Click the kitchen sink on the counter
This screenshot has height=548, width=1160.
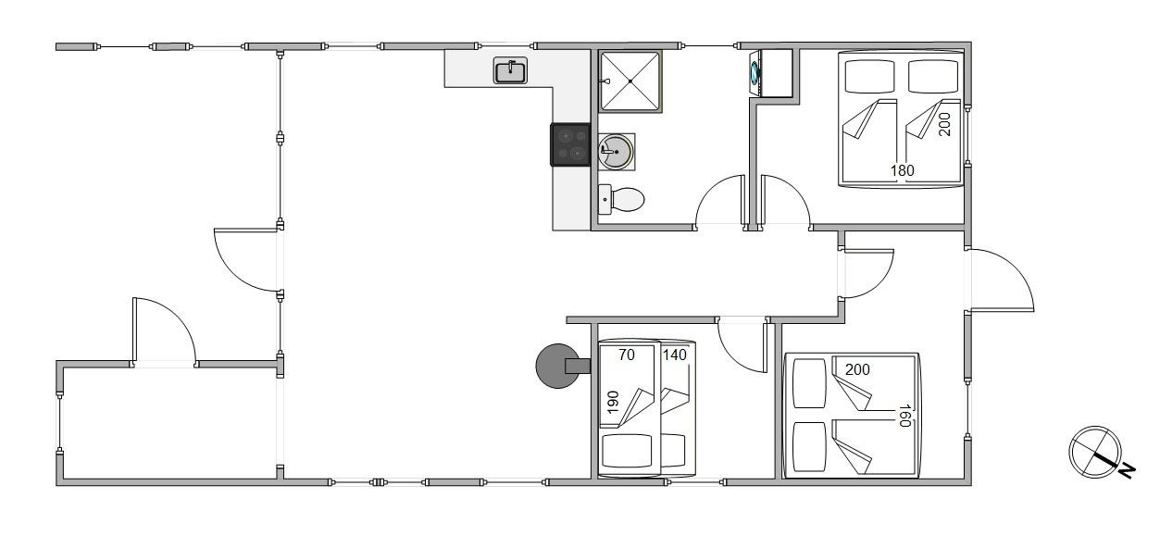[x=511, y=70]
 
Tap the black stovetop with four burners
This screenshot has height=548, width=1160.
[x=570, y=144]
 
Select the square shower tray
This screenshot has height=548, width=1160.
[x=630, y=81]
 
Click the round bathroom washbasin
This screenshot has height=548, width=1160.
[x=616, y=151]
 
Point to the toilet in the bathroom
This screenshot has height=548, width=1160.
[x=621, y=199]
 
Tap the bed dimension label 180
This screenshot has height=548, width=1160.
[x=902, y=170]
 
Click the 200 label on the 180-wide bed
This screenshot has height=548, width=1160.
[x=944, y=124]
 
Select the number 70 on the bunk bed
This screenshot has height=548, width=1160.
[x=627, y=355]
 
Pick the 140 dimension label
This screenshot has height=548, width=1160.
[x=675, y=355]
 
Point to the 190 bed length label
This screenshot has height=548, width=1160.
[x=613, y=403]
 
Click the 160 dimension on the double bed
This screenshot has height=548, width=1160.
[x=904, y=416]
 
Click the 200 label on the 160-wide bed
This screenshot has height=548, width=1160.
[x=857, y=369]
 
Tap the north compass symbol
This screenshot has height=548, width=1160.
[x=1094, y=452]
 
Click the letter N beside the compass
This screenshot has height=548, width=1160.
[x=1127, y=470]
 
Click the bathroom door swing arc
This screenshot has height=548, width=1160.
[x=709, y=187]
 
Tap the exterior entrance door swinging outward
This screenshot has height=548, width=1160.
[x=1014, y=269]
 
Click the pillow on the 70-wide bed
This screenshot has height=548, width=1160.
[x=627, y=450]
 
